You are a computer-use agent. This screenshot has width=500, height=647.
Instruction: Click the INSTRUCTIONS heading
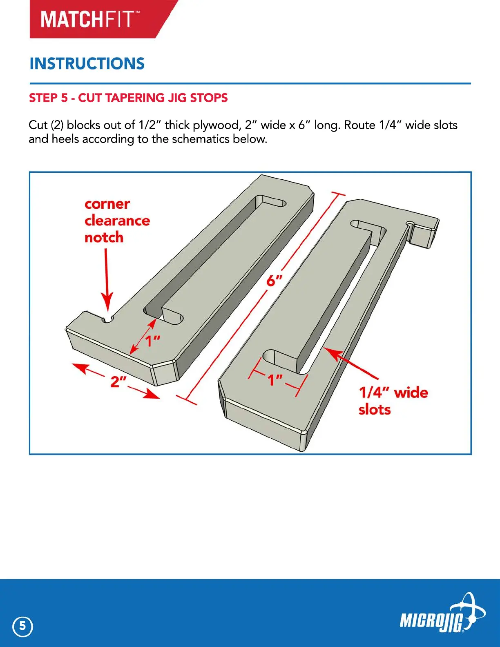pos(87,64)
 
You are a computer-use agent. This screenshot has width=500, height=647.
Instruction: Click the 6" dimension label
pos(275,281)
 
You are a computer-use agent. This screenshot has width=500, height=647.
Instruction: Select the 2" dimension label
pos(118,382)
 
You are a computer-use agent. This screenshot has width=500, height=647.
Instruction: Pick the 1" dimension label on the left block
pos(153,340)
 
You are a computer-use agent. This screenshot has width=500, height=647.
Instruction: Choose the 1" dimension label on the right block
pos(275,380)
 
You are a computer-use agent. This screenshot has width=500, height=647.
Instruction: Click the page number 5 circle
pos(23,626)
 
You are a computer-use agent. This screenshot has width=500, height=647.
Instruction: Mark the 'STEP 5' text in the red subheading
pos(48,98)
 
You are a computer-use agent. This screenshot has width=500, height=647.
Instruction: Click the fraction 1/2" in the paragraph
pos(150,125)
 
